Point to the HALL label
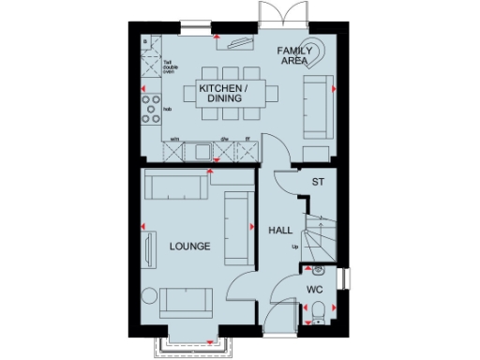(280, 230)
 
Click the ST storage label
(318, 182)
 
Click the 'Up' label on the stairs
(294, 247)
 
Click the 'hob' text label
(167, 110)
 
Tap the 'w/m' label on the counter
(174, 139)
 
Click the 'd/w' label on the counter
(224, 139)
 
